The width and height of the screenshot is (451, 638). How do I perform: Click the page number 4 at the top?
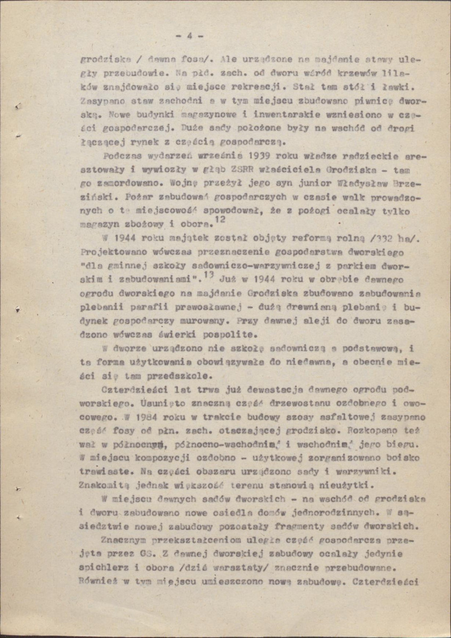pos(189,36)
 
